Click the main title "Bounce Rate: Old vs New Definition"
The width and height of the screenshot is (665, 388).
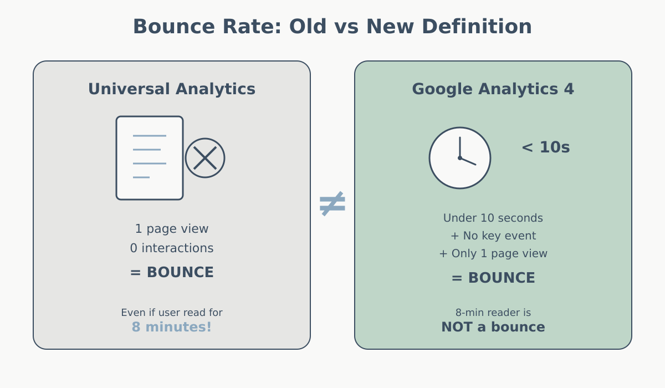click(332, 27)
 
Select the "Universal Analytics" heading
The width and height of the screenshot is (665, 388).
click(172, 89)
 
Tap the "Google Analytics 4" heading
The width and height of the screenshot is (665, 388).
click(493, 89)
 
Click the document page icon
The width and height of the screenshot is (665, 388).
click(150, 158)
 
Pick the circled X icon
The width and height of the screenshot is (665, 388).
click(205, 158)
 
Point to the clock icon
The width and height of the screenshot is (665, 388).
click(460, 158)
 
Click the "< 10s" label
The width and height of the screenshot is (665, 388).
click(545, 147)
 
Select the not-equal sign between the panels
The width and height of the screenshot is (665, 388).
click(332, 203)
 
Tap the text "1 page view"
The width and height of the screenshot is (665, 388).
click(172, 229)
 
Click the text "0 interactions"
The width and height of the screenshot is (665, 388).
click(172, 248)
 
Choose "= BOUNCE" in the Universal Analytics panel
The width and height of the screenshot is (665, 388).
click(172, 273)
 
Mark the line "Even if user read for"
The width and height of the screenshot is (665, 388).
click(172, 313)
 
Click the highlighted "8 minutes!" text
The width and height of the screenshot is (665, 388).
click(172, 327)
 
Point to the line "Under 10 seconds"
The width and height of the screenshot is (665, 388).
click(493, 218)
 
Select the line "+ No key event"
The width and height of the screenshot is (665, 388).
click(493, 236)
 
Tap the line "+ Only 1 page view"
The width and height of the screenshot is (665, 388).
click(493, 254)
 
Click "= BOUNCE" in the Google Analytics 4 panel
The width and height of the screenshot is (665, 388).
click(493, 278)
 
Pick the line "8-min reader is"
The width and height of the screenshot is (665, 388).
click(493, 313)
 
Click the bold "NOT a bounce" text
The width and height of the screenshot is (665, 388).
click(493, 327)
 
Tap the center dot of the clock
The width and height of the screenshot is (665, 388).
click(460, 158)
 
